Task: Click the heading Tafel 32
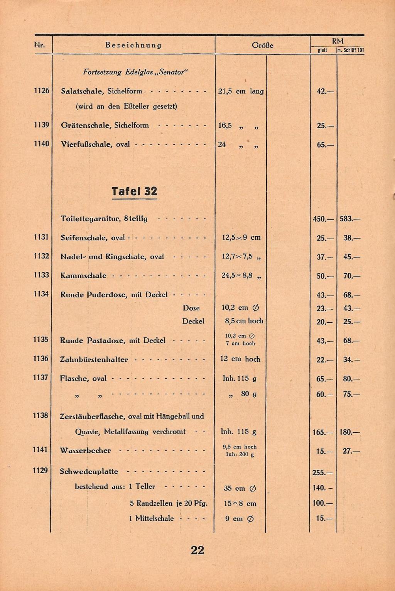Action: click(x=134, y=191)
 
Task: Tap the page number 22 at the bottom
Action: click(x=197, y=550)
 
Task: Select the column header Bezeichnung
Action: click(x=133, y=45)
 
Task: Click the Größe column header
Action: click(x=262, y=45)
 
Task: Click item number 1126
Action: click(x=41, y=91)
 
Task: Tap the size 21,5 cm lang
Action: click(x=241, y=91)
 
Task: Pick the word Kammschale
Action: click(x=83, y=276)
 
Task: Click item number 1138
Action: click(x=41, y=415)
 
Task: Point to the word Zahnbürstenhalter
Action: click(x=94, y=359)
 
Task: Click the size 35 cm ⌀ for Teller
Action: click(x=240, y=488)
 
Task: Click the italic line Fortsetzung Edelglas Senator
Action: click(x=135, y=72)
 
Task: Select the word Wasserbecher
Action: click(x=85, y=450)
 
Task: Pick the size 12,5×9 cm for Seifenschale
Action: click(x=241, y=237)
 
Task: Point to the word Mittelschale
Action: click(x=154, y=518)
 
